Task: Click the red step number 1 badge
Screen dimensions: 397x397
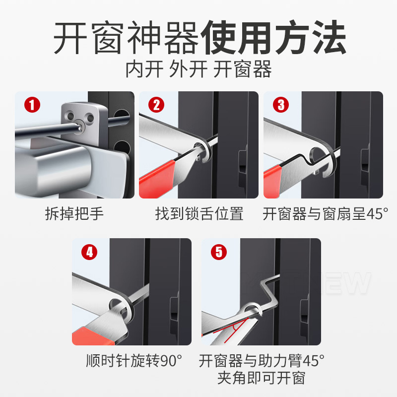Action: pos(32,105)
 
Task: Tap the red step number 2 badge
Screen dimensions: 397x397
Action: pos(156,105)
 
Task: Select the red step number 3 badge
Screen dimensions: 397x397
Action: pos(281,105)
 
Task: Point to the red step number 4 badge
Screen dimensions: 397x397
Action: pos(89,252)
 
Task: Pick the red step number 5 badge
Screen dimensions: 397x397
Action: pos(219,252)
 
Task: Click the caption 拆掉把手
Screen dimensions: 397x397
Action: pos(74,213)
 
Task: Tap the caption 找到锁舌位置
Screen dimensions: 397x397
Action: pos(199,213)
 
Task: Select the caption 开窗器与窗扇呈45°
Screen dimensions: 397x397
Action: pos(325,213)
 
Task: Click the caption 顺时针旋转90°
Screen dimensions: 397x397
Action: pos(134,361)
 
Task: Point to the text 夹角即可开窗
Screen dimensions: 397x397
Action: pos(262,378)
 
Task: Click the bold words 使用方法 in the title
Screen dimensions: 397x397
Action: pos(274,38)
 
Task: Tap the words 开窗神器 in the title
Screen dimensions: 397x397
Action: pos(127,38)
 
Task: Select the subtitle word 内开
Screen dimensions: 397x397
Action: pos(144,69)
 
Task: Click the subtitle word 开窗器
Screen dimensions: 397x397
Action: pos(242,69)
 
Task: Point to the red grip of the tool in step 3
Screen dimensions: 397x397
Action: pos(272,181)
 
